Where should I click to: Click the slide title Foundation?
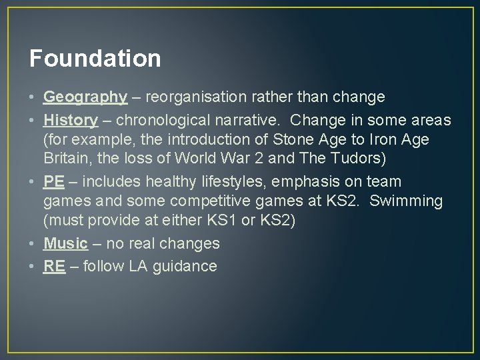pyautogui.click(x=95, y=58)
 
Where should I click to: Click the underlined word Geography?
pyautogui.click(x=85, y=97)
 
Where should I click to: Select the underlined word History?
pyautogui.click(x=70, y=120)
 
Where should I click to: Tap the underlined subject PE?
pyautogui.click(x=54, y=182)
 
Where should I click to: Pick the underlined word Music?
pyautogui.click(x=65, y=243)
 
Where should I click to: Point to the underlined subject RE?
pyautogui.click(x=54, y=266)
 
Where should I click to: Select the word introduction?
pyautogui.click(x=189, y=140)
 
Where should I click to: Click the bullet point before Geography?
pyautogui.click(x=33, y=97)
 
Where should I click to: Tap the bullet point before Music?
pyautogui.click(x=33, y=243)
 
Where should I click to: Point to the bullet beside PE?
pyautogui.click(x=33, y=182)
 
